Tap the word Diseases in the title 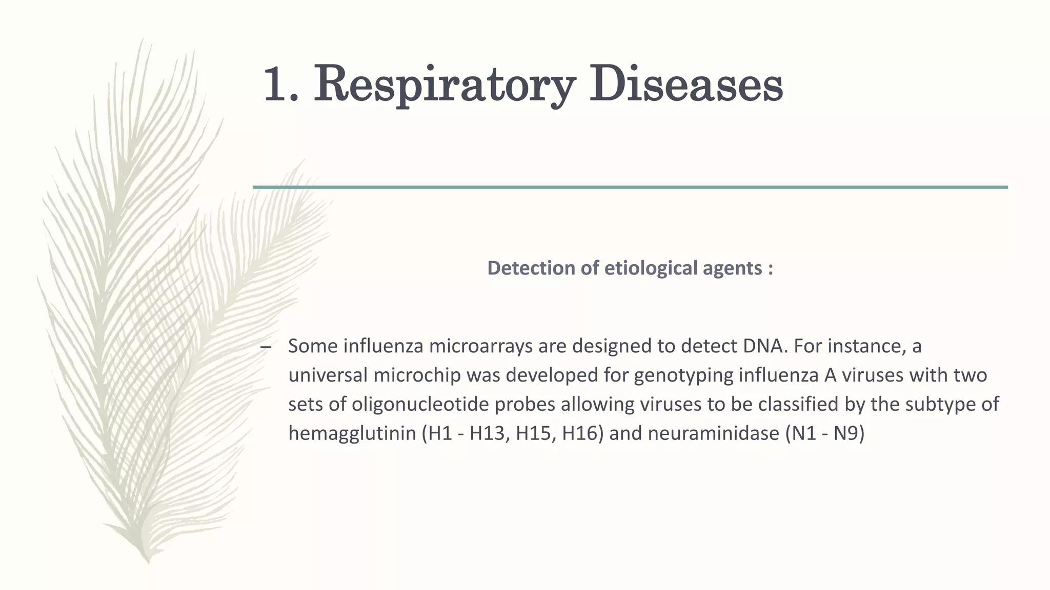(x=685, y=83)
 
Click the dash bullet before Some (x=265, y=347)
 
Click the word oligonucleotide (x=453, y=405)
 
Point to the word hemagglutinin (x=352, y=434)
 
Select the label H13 (x=489, y=434)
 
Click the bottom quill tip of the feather (x=148, y=560)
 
